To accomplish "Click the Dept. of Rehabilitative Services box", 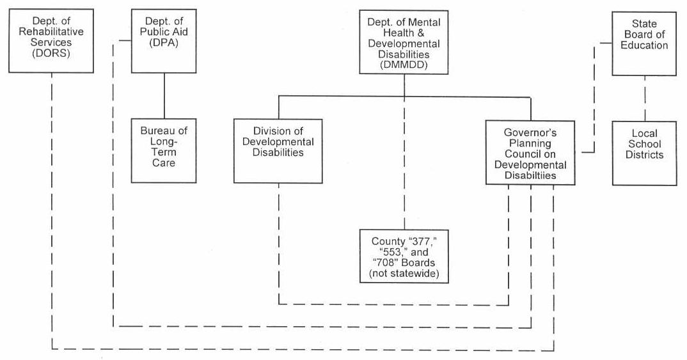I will (x=51, y=40).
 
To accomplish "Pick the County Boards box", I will (x=404, y=256).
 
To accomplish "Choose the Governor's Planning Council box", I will (x=530, y=153).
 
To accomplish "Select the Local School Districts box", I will (x=644, y=153).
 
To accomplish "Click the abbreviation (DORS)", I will (x=51, y=54).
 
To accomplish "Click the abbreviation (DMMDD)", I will (x=404, y=65).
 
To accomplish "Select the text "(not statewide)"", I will (x=404, y=275).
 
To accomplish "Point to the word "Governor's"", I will (x=530, y=132).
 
